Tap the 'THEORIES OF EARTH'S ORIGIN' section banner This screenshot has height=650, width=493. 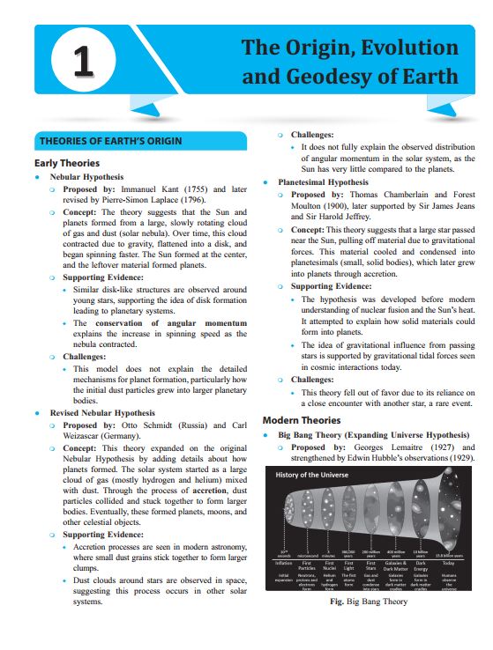[x=110, y=142]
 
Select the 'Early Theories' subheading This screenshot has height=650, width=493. [x=66, y=163]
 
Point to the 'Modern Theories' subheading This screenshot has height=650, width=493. [x=302, y=420]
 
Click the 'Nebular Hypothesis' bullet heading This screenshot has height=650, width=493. [x=86, y=177]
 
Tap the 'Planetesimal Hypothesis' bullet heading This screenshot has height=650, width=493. [x=323, y=182]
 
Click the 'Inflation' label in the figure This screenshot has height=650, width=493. [x=283, y=563]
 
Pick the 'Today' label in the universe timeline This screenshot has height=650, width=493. [x=449, y=563]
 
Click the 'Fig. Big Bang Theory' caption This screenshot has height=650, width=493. [x=368, y=602]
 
